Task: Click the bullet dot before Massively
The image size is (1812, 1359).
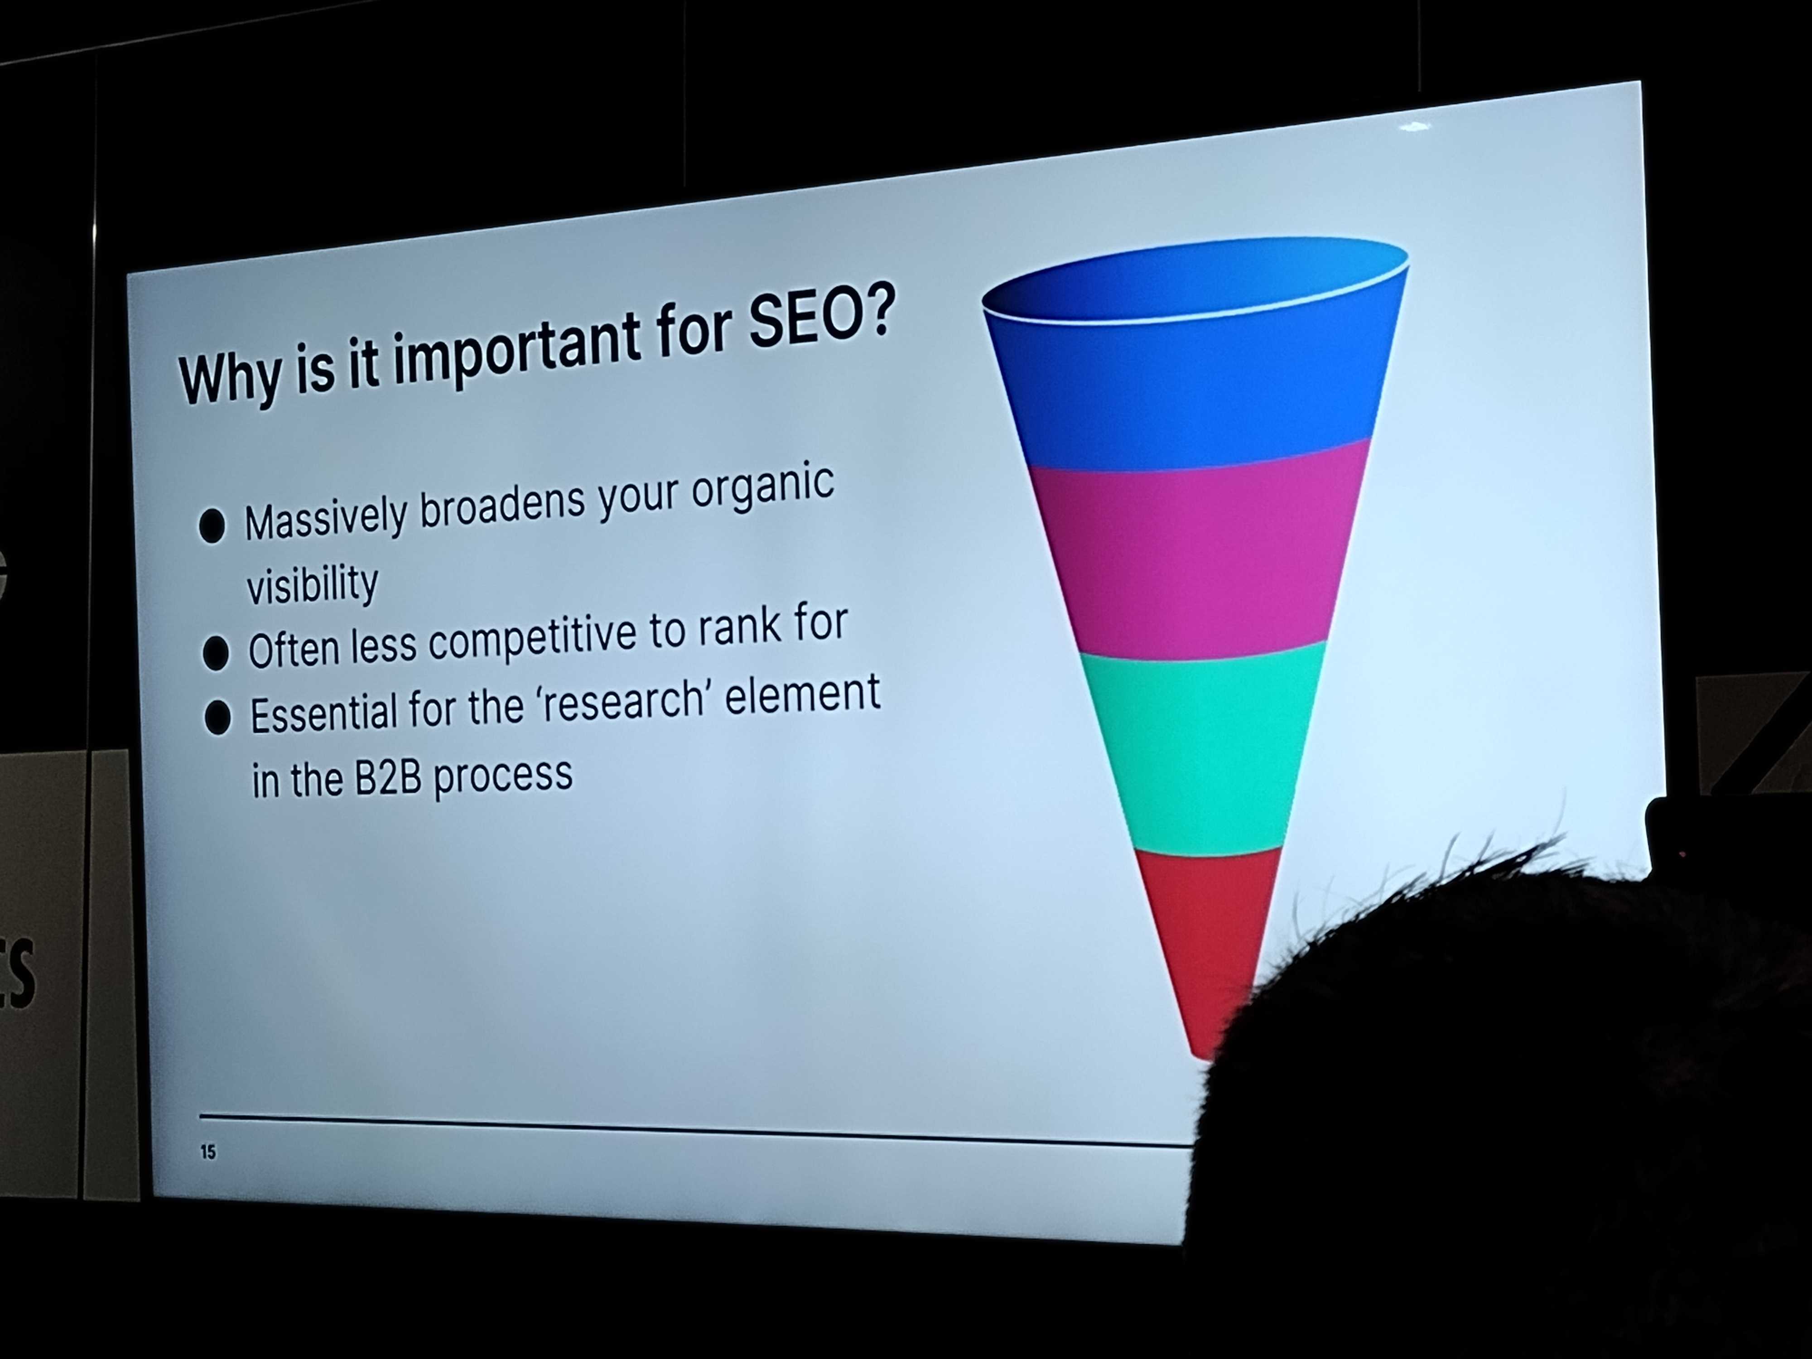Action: point(212,525)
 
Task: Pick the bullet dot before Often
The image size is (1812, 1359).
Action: point(216,653)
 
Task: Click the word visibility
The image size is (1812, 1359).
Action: point(312,583)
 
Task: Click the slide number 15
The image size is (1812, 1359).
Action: point(208,1152)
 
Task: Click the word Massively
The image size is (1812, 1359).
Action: point(325,520)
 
